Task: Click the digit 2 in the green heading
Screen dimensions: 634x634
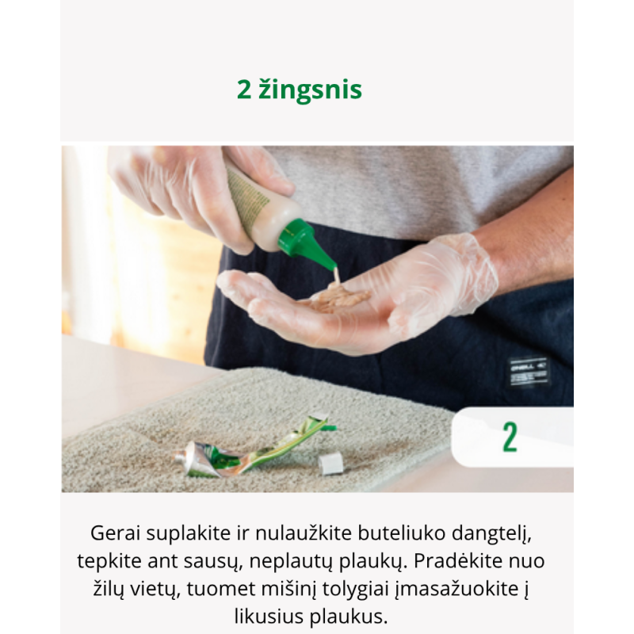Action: click(244, 90)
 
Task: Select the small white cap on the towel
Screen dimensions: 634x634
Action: click(330, 464)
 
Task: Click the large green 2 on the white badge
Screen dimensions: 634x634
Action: click(510, 437)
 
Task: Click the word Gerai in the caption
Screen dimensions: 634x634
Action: click(116, 533)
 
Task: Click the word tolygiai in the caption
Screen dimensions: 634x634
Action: click(355, 590)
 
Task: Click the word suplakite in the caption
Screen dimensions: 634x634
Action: click(189, 534)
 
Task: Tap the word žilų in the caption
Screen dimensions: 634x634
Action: click(107, 589)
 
